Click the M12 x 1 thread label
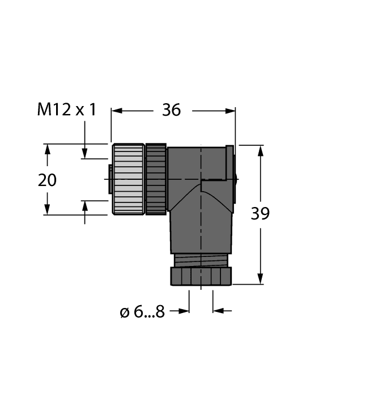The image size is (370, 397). [x=66, y=109]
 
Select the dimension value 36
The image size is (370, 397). [x=171, y=110]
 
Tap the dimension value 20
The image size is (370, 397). [x=47, y=180]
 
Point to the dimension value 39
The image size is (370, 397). [x=260, y=214]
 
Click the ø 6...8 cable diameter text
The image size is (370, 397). [x=142, y=311]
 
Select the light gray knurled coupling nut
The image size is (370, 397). [x=128, y=179]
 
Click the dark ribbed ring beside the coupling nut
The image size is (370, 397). [x=156, y=179]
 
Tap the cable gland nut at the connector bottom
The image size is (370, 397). [x=201, y=276]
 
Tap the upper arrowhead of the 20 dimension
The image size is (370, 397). [x=48, y=150]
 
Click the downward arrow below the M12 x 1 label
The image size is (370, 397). [x=85, y=152]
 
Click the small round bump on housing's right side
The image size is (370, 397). [x=236, y=179]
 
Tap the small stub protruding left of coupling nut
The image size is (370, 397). [x=110, y=179]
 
